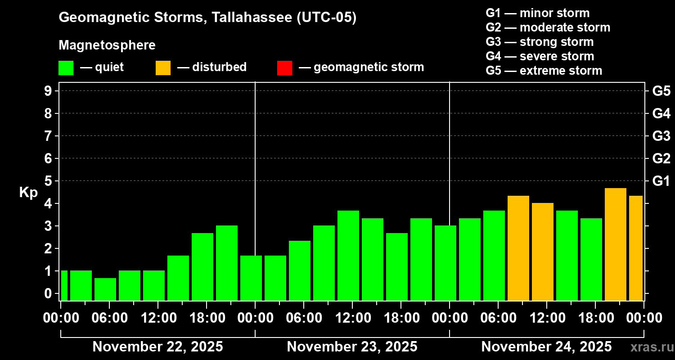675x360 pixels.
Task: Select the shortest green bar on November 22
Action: pyautogui.click(x=105, y=289)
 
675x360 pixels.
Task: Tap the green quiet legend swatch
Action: pyautogui.click(x=66, y=67)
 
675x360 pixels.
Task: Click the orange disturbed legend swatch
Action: pyautogui.click(x=163, y=67)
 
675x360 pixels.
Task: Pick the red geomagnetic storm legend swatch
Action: pyautogui.click(x=284, y=67)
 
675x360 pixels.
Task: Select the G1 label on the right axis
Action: pyautogui.click(x=661, y=181)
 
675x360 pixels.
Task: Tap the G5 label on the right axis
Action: pyautogui.click(x=661, y=91)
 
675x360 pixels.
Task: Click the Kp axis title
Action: pyautogui.click(x=28, y=193)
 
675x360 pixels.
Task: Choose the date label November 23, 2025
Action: pyautogui.click(x=352, y=346)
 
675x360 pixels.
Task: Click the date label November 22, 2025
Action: pyautogui.click(x=157, y=346)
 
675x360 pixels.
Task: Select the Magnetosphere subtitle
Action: pyautogui.click(x=107, y=45)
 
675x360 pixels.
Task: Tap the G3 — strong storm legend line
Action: pyautogui.click(x=540, y=42)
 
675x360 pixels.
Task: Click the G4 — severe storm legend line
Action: pyautogui.click(x=540, y=56)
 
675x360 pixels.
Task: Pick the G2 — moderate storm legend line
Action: pyautogui.click(x=548, y=27)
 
